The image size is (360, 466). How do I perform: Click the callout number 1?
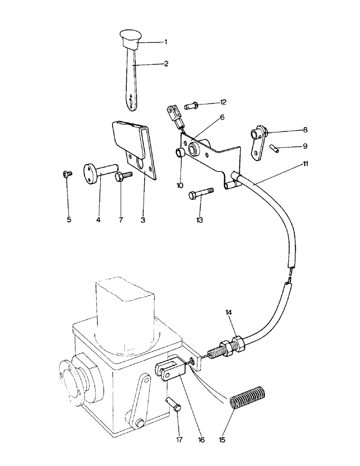pyautogui.click(x=166, y=42)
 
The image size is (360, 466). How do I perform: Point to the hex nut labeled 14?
pyautogui.click(x=235, y=348)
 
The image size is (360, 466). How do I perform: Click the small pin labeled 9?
pyautogui.click(x=274, y=148)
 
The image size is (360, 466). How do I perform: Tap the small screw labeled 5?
pyautogui.click(x=67, y=174)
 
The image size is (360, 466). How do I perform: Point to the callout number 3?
pyautogui.click(x=143, y=219)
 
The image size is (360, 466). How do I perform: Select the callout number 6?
pyautogui.click(x=222, y=117)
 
